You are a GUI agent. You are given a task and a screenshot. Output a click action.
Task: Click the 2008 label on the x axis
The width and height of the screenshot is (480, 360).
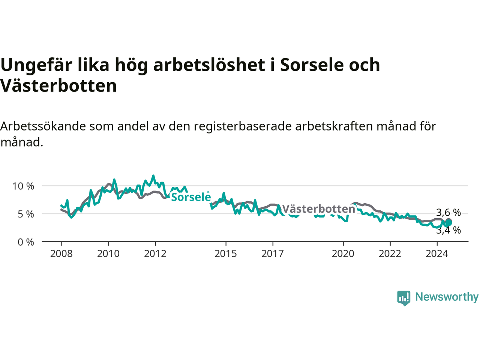[x=61, y=254]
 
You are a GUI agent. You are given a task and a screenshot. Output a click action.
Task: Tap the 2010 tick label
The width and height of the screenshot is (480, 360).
[x=108, y=254]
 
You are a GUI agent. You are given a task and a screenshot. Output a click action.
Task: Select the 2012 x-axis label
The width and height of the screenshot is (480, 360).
[x=155, y=254]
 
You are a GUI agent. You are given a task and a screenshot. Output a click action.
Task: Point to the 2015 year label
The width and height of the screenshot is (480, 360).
[x=226, y=254]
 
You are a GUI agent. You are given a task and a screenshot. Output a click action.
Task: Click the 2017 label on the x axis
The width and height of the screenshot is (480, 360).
[x=273, y=254]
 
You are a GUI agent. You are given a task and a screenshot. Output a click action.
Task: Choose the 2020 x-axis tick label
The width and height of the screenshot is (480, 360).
[x=343, y=254]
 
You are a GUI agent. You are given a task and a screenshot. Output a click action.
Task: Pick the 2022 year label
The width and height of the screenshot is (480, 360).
[x=390, y=254]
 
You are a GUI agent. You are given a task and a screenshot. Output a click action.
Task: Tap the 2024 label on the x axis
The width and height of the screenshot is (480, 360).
[x=437, y=254]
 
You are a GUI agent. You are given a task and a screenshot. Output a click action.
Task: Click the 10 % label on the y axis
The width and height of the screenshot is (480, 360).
[x=23, y=186]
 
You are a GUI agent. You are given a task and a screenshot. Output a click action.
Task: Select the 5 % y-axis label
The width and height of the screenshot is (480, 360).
[x=26, y=214]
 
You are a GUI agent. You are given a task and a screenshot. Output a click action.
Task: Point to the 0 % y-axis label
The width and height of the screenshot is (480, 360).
[x=26, y=242]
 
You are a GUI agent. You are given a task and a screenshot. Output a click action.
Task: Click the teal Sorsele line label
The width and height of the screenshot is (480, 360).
[x=191, y=197]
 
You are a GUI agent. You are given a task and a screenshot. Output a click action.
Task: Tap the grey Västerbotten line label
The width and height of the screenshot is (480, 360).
[x=318, y=209]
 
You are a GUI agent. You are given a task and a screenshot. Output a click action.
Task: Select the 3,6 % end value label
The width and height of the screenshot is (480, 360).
[x=448, y=213]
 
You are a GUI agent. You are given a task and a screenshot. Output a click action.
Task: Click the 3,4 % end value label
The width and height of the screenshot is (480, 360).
[x=448, y=231]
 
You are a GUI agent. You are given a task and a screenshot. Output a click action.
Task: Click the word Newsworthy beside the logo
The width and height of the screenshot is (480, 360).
[x=447, y=297]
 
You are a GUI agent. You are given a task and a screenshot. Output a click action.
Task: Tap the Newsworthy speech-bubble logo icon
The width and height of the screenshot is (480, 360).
[x=403, y=298]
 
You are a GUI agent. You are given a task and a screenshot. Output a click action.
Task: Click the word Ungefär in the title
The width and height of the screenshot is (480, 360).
[x=36, y=66]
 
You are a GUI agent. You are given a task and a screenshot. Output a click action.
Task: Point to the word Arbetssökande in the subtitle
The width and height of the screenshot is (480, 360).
[x=43, y=127]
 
